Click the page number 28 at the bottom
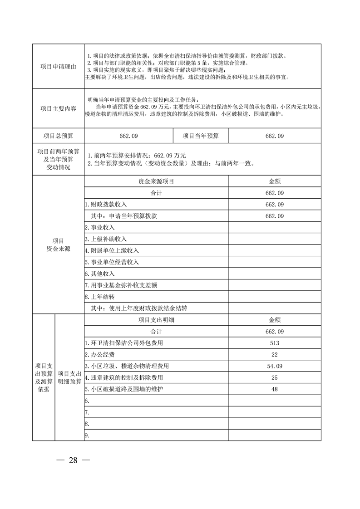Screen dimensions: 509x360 pos(73,460)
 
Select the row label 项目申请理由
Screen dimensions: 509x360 pos(58,67)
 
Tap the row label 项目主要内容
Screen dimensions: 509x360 pos(58,109)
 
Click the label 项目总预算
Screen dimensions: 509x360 pos(58,136)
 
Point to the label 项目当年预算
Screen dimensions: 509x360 pos(201,136)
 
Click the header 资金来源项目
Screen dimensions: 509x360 pos(156,181)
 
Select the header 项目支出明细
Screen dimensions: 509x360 pos(156,320)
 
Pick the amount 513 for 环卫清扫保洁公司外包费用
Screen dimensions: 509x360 pos(274,343)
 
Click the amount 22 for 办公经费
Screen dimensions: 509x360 pos(274,354)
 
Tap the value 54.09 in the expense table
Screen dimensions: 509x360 pos(274,366)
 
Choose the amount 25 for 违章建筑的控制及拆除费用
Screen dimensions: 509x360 pos(274,377)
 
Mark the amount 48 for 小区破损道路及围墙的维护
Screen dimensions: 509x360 pos(274,389)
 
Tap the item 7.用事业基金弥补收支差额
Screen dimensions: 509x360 pos(121,285)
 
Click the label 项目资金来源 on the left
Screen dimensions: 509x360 pos(58,245)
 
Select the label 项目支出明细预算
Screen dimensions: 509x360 pos(69,377)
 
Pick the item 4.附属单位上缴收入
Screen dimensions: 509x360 pos(112,250)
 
